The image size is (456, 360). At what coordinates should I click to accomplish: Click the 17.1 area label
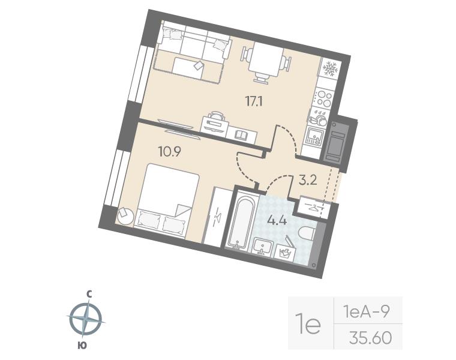[254, 102]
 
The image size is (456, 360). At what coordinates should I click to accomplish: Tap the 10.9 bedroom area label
[170, 151]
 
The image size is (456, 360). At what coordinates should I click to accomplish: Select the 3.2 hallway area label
[308, 180]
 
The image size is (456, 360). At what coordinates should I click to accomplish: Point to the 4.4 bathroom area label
[277, 221]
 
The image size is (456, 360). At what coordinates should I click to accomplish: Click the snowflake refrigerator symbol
[330, 69]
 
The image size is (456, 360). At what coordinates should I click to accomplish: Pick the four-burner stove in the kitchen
[324, 98]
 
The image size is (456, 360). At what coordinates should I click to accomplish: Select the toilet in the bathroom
[307, 233]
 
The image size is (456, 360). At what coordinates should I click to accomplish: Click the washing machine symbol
[285, 251]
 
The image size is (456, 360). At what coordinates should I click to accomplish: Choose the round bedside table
[125, 216]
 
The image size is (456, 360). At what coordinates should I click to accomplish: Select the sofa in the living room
[193, 42]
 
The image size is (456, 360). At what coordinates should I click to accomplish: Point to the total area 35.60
[371, 338]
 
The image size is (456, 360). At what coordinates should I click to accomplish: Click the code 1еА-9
[367, 313]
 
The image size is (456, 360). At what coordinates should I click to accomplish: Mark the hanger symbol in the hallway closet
[313, 207]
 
